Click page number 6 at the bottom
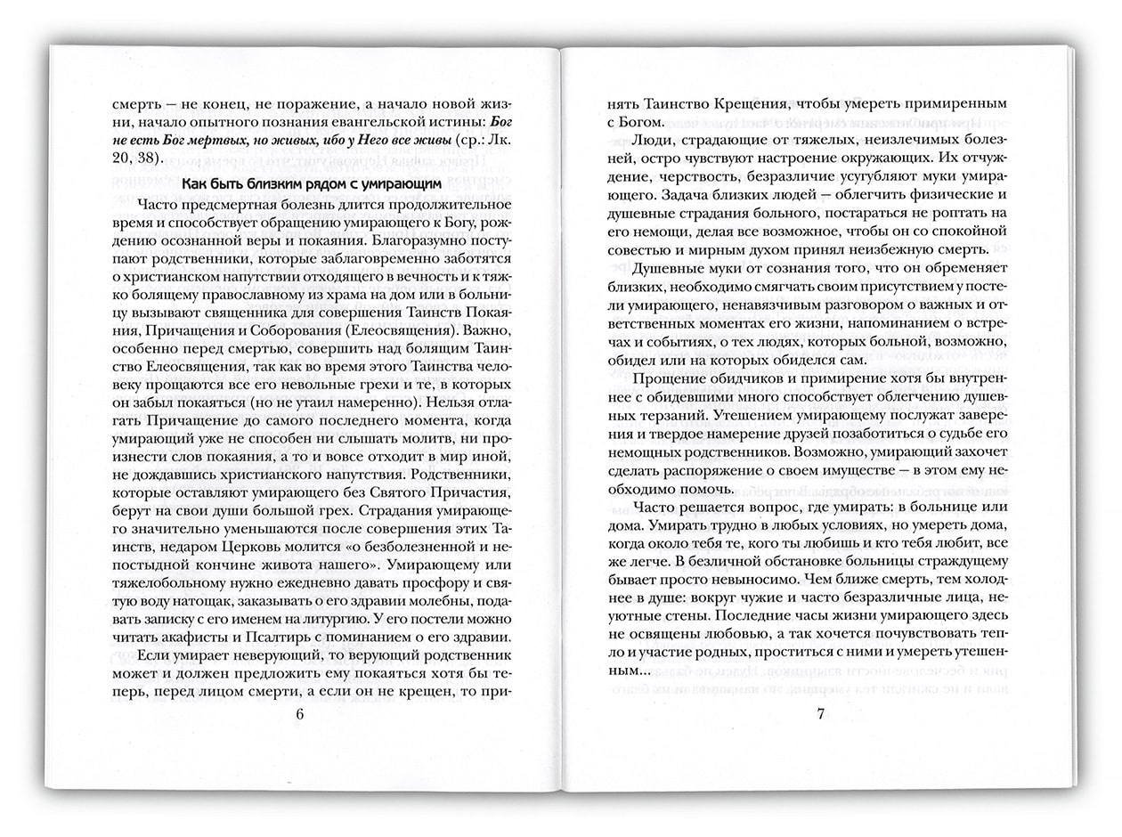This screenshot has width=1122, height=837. [x=299, y=714]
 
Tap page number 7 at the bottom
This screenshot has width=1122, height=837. [x=819, y=713]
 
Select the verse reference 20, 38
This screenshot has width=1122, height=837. [x=135, y=158]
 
